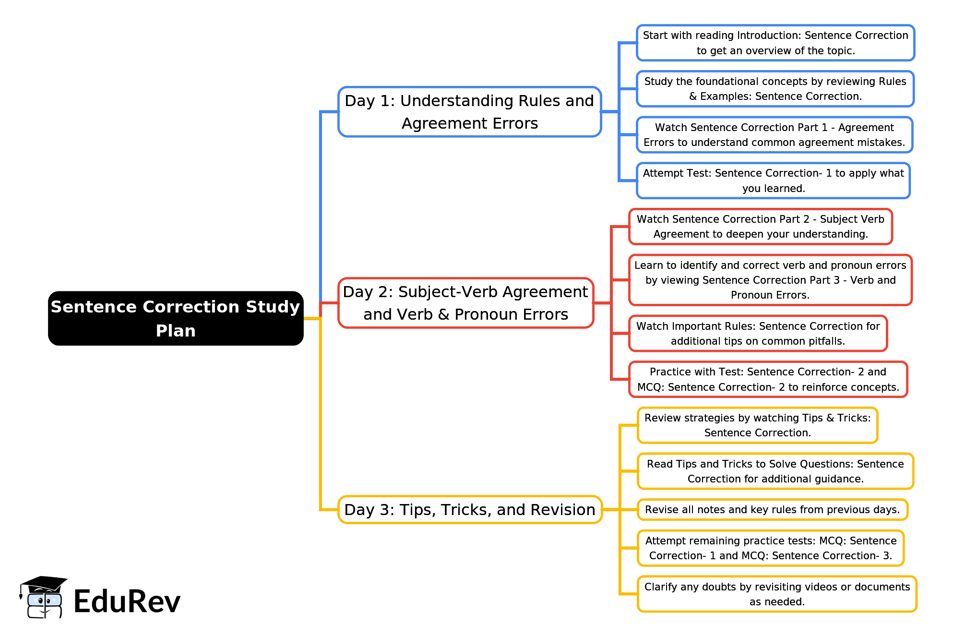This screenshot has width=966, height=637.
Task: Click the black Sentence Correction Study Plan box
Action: tap(176, 318)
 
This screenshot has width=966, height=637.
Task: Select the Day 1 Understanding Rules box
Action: tap(470, 112)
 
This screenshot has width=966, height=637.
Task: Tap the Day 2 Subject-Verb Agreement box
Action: tap(466, 303)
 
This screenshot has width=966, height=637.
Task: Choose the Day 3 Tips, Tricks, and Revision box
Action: tap(470, 510)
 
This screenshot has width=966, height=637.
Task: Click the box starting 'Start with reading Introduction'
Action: tap(775, 43)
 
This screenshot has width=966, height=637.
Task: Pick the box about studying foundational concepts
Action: tap(775, 89)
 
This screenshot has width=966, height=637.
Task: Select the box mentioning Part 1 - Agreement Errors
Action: tap(774, 135)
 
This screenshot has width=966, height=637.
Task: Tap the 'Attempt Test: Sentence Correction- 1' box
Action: tap(773, 180)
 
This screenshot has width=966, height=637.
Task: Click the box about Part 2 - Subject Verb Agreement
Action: tap(761, 227)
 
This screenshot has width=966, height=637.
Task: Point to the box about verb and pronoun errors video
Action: tap(770, 280)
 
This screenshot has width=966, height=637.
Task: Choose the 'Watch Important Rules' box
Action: tap(758, 334)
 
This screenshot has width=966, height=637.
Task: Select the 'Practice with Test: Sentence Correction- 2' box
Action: tap(768, 379)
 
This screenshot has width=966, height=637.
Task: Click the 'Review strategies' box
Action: tap(757, 425)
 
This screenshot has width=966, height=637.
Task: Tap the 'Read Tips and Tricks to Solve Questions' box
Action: tap(775, 471)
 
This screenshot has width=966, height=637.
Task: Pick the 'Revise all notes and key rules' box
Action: tap(772, 510)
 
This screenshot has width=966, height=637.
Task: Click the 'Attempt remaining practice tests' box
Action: tap(770, 548)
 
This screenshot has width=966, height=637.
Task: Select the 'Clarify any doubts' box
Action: tap(777, 594)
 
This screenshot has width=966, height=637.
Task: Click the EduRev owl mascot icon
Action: tap(43, 597)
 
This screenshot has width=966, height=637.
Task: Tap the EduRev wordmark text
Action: tap(127, 601)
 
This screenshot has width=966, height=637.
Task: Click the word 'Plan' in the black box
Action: tap(176, 331)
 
